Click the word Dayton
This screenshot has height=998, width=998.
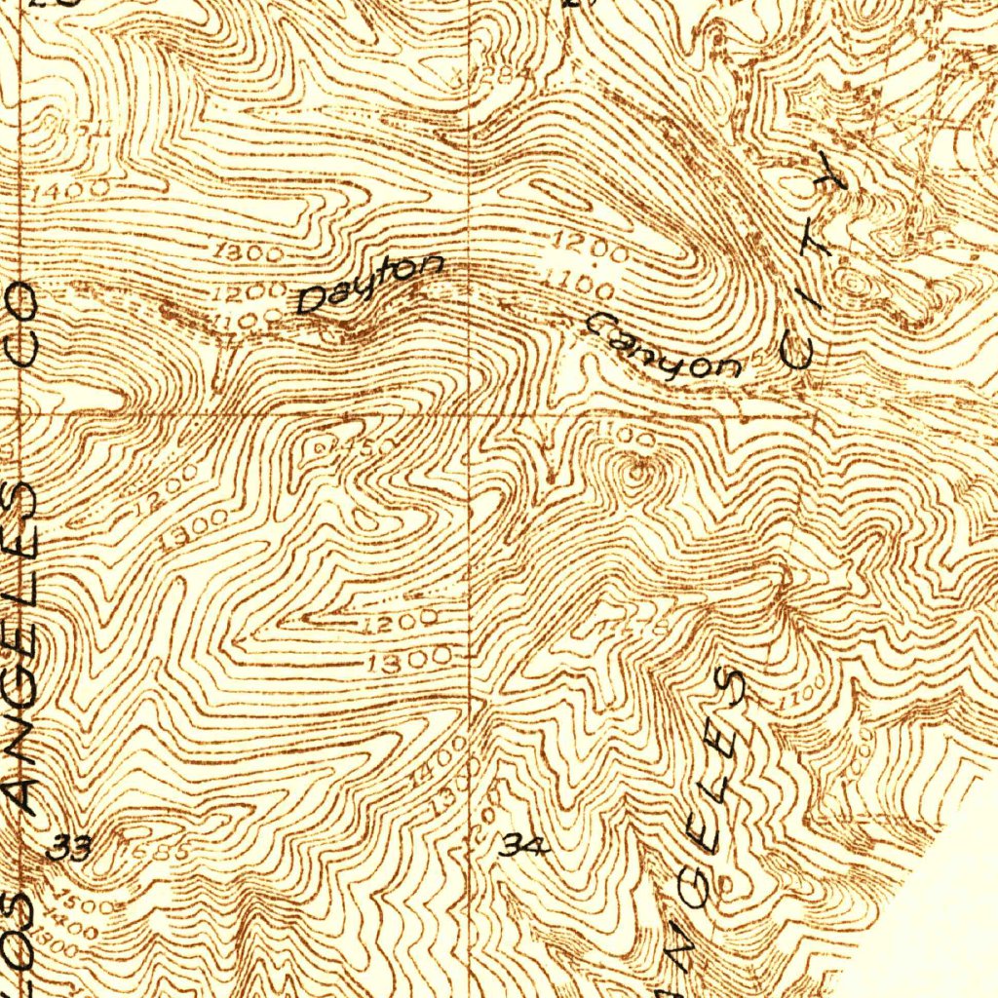pos(371,286)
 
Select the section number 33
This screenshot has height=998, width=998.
pos(70,849)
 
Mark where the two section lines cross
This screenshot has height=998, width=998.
pos(472,413)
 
